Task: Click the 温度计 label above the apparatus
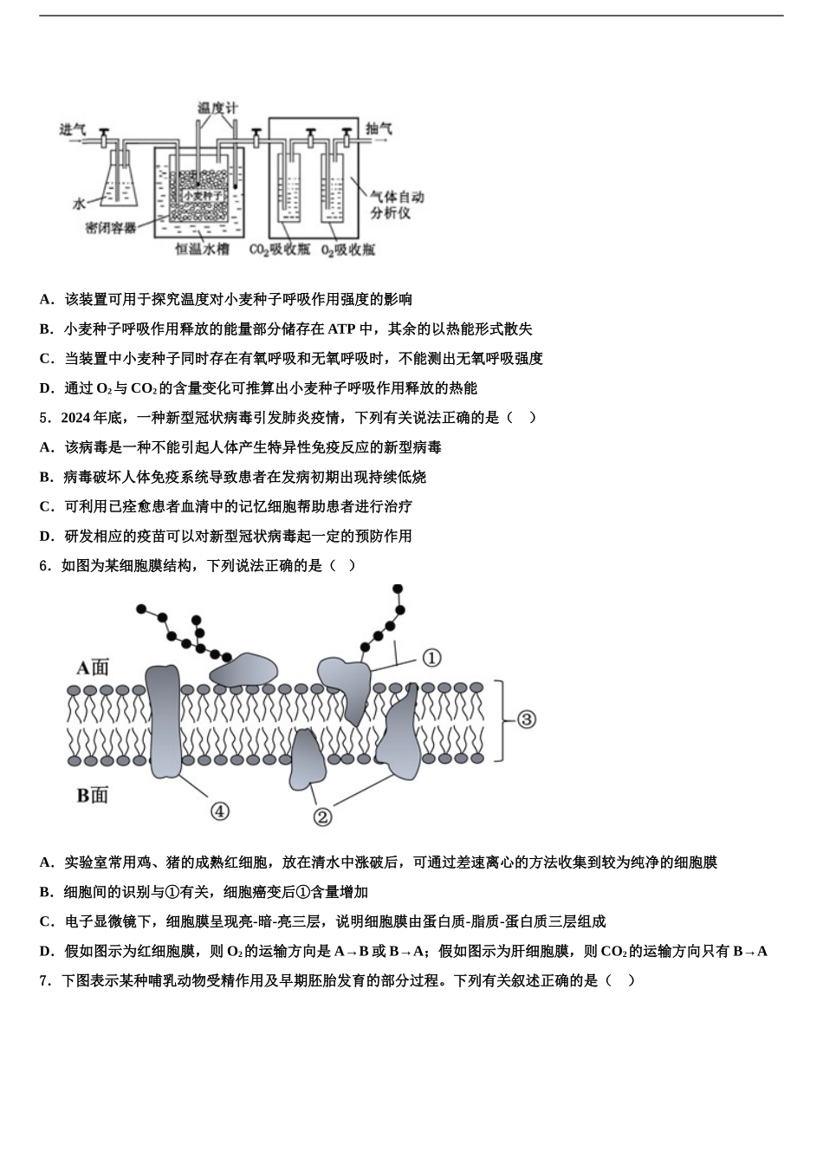tap(217, 108)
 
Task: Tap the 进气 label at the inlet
tap(72, 129)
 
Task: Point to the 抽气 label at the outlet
tap(379, 128)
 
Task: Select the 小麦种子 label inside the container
tap(203, 196)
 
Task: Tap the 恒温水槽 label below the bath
tap(202, 250)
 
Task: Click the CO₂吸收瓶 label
tap(280, 250)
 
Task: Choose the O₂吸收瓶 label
tap(347, 250)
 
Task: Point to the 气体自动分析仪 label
tap(397, 205)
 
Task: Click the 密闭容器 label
tap(111, 227)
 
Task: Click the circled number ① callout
tap(431, 658)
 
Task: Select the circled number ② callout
tap(321, 816)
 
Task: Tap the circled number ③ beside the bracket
tap(526, 719)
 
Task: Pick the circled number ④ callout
tap(220, 810)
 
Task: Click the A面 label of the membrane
tap(93, 667)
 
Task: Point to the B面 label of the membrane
tap(93, 794)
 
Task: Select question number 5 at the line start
tap(44, 418)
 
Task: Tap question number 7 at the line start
tap(44, 980)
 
